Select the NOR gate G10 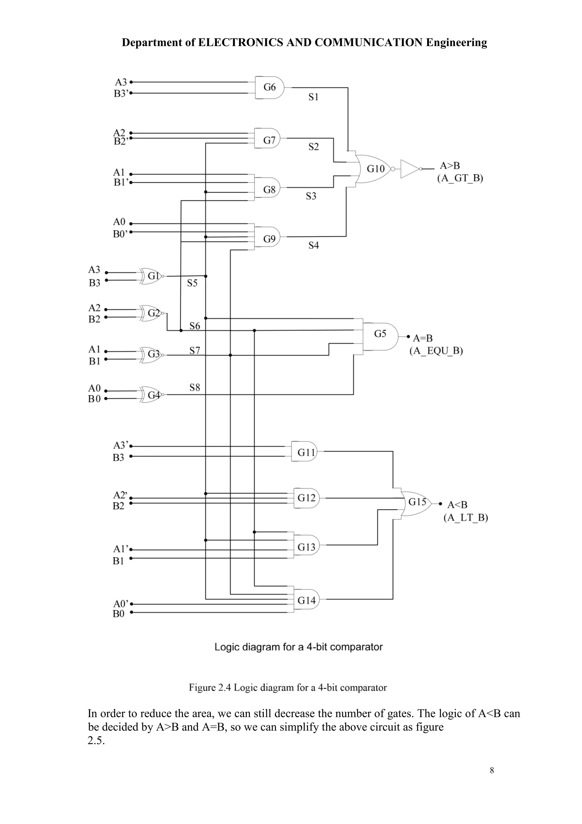pyautogui.click(x=375, y=169)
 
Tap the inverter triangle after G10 pyautogui.click(x=410, y=169)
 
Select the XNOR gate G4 pyautogui.click(x=152, y=395)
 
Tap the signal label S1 pyautogui.click(x=313, y=97)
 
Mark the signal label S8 pyautogui.click(x=195, y=387)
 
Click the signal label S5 pyautogui.click(x=192, y=283)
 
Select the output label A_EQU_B pyautogui.click(x=436, y=351)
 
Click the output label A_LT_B pyautogui.click(x=465, y=517)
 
